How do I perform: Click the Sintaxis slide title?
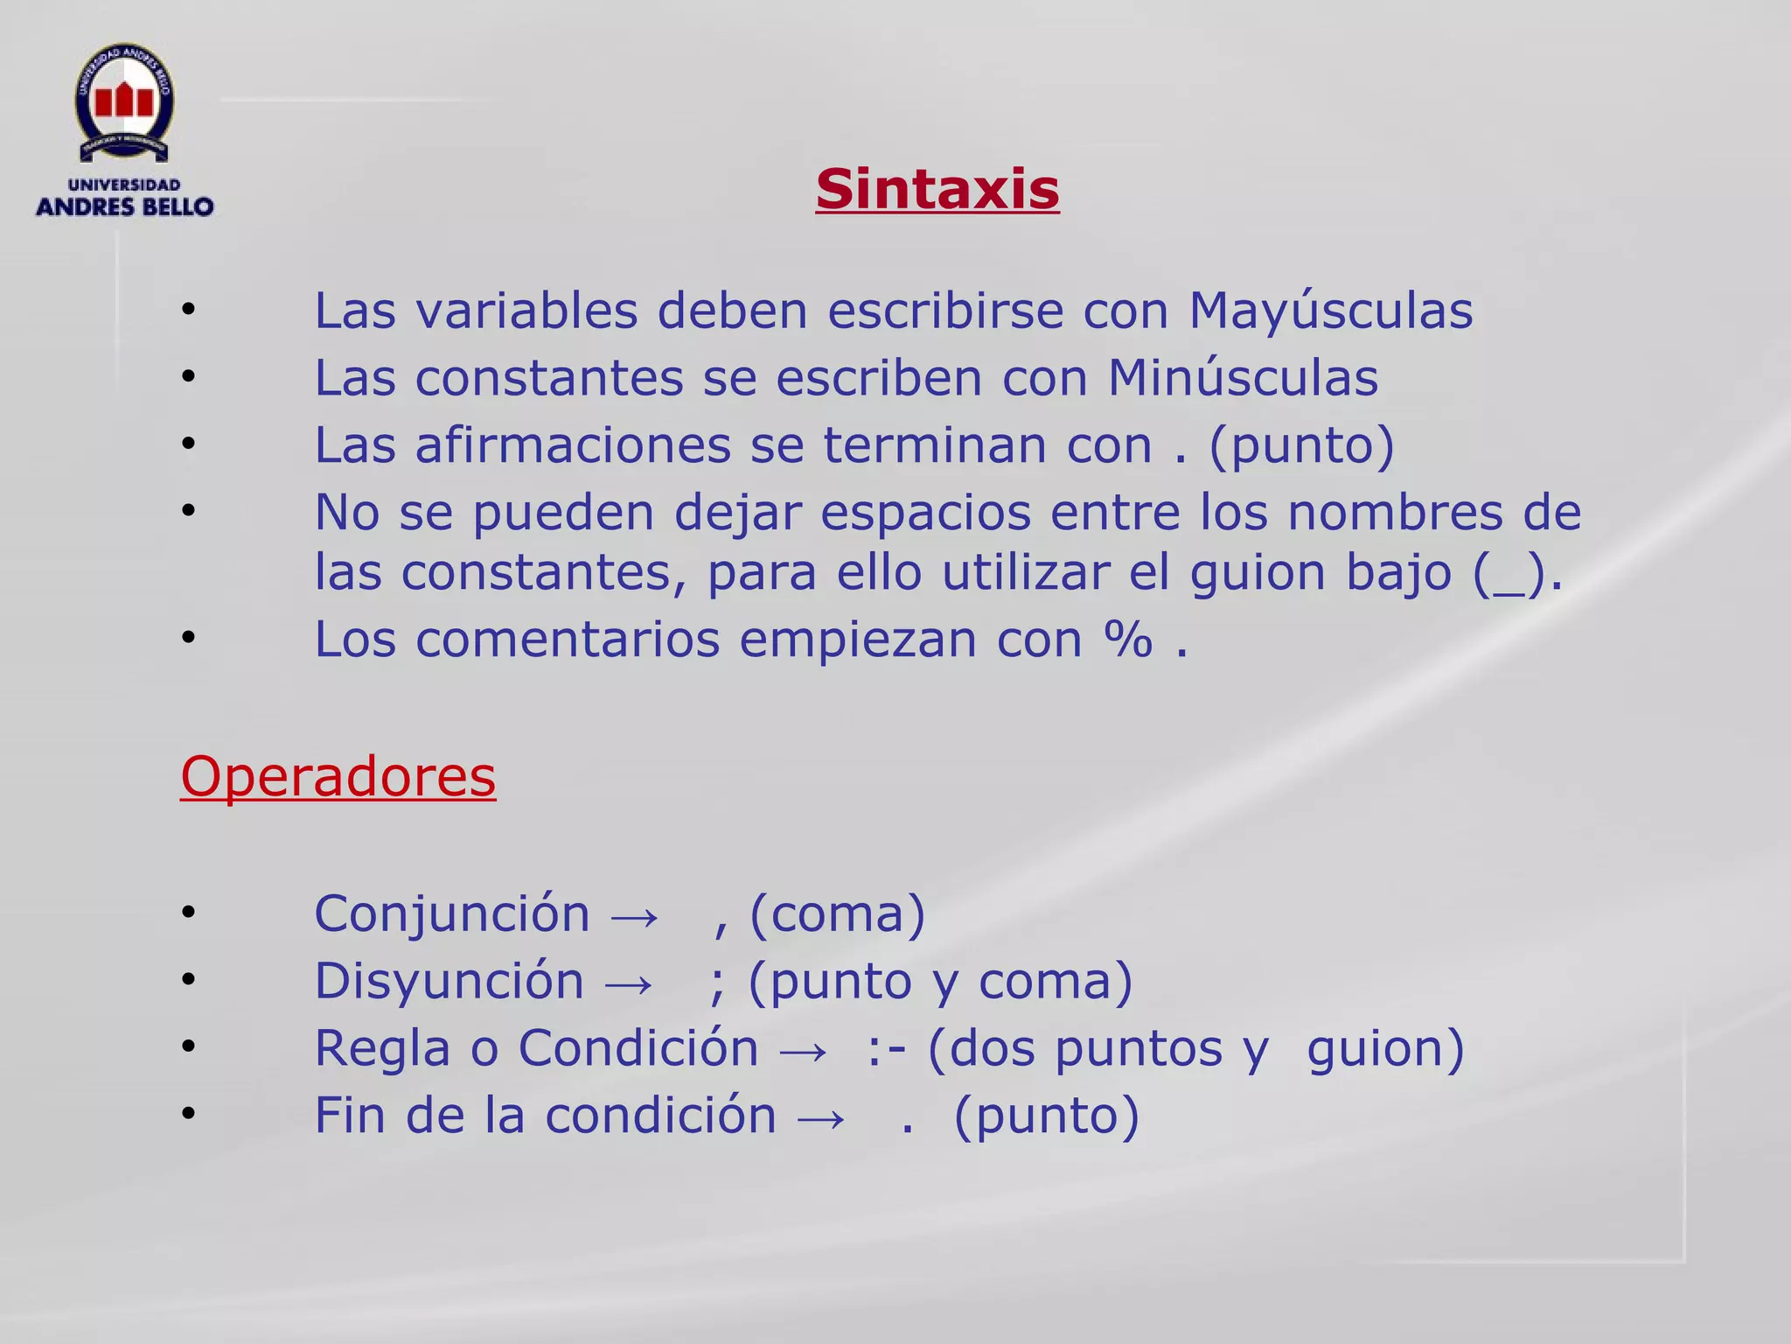(x=937, y=189)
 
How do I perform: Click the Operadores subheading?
(x=338, y=776)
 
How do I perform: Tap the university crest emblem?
(x=123, y=103)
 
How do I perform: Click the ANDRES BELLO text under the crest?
(x=124, y=206)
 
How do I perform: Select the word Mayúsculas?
(x=1330, y=311)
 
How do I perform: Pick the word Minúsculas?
(x=1243, y=378)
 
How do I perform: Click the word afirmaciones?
(x=572, y=445)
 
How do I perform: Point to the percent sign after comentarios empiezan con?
(x=1128, y=640)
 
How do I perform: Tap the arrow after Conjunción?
(x=634, y=916)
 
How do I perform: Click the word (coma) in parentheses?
(x=837, y=914)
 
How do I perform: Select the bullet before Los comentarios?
(x=188, y=639)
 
